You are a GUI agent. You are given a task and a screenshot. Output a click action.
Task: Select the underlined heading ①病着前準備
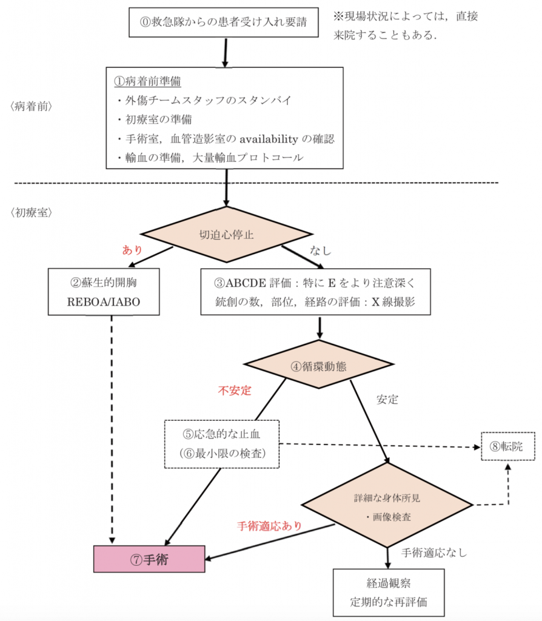148,81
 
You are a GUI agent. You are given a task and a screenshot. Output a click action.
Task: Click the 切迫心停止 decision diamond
227,235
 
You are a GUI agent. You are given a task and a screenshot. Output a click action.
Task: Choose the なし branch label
321,249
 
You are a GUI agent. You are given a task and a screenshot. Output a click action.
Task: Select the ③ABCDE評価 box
315,292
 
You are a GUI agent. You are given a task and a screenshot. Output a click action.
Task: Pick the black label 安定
387,400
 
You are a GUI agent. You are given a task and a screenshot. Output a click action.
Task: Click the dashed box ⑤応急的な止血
221,443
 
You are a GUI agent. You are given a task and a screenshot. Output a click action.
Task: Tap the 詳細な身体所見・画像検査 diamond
387,506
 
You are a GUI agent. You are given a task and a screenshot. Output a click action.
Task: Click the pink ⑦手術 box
149,559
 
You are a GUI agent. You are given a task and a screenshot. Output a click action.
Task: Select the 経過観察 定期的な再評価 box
389,592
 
